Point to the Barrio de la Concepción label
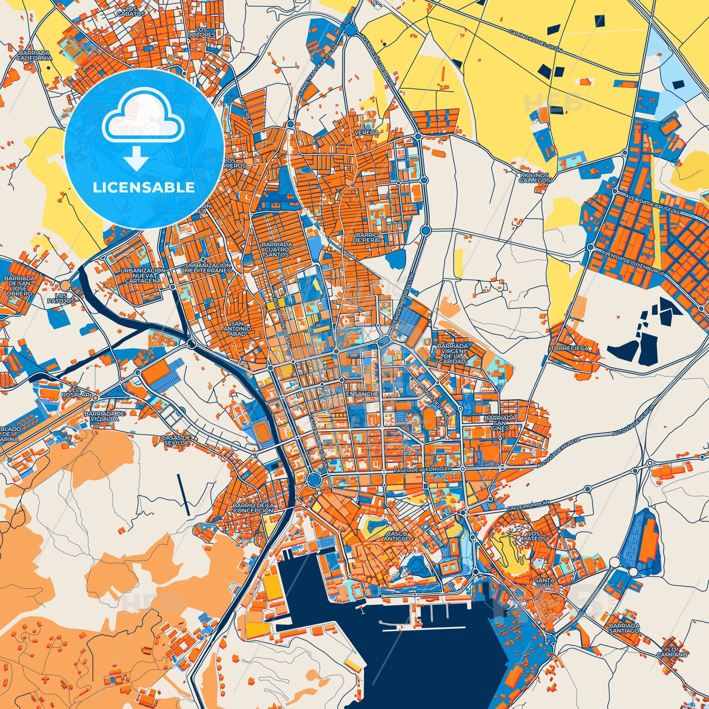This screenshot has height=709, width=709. click(x=253, y=508)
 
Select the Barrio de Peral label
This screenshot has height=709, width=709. click(x=368, y=237)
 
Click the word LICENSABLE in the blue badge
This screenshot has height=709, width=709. click(x=144, y=187)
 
